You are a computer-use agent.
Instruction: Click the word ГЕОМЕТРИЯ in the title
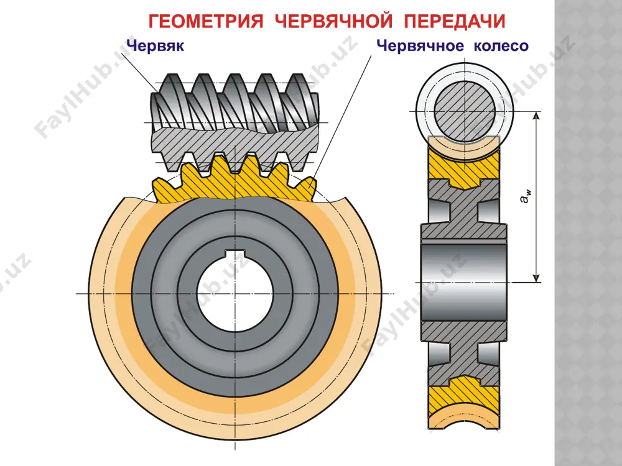coord(206,21)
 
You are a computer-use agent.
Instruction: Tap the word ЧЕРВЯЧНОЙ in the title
coord(333,21)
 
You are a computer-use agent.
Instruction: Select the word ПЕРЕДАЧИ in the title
coord(455,21)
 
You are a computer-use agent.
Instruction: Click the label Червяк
coord(155,45)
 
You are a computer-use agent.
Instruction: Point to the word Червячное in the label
coord(420,46)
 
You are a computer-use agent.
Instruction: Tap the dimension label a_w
coord(526,196)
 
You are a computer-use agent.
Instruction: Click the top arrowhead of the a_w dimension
coord(536,116)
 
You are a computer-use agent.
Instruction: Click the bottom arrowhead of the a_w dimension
coord(536,278)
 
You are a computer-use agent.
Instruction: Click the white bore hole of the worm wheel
coord(235,293)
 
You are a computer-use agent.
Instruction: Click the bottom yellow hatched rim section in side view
coord(464,395)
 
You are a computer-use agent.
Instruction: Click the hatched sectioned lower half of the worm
coord(235,149)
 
